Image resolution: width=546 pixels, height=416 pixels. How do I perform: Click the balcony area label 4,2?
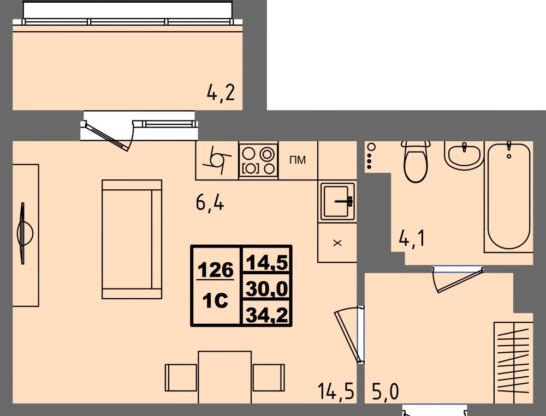click(x=221, y=93)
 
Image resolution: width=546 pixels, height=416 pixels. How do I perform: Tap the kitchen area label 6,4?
click(x=210, y=202)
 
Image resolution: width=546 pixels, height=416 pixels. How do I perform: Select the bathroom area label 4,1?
click(x=412, y=239)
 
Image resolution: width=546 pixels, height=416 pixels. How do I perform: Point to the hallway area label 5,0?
click(x=385, y=391)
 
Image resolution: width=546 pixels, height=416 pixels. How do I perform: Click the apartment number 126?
click(x=216, y=270)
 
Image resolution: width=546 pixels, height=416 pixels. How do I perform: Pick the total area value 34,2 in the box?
click(x=267, y=315)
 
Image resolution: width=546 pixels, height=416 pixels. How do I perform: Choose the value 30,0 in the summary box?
click(x=267, y=288)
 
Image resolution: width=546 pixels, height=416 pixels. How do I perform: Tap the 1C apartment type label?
click(x=216, y=300)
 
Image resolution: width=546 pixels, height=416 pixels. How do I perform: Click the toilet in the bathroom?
click(x=416, y=162)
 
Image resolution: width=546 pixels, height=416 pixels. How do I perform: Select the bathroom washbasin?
click(x=464, y=155)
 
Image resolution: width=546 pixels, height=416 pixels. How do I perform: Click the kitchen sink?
click(x=337, y=201)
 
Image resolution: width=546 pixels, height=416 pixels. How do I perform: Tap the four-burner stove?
click(x=258, y=160)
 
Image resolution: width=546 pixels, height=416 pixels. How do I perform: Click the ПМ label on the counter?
click(x=298, y=160)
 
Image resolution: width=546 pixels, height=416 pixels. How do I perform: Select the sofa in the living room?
click(x=132, y=239)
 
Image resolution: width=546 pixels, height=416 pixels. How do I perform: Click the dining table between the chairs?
click(x=224, y=377)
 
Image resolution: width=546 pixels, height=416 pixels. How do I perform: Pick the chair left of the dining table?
click(x=181, y=377)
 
